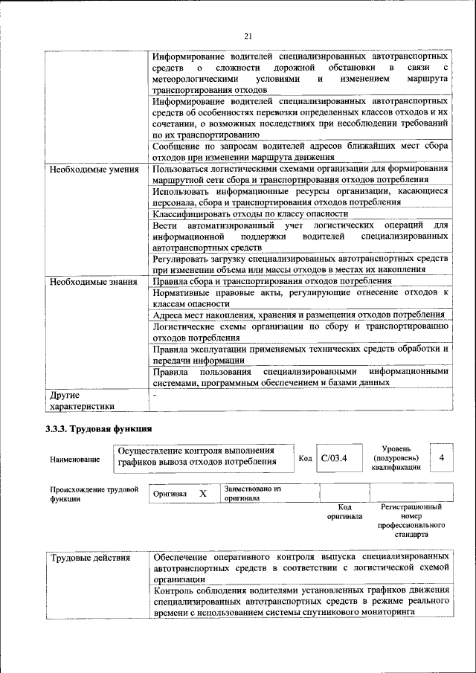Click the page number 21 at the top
[x=248, y=35]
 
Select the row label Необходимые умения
[x=94, y=170]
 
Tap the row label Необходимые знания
[x=93, y=282]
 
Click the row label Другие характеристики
[x=82, y=401]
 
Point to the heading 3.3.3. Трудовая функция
[x=99, y=429]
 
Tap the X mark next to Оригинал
[x=202, y=494]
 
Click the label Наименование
[x=75, y=460]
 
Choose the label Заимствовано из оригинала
[x=252, y=494]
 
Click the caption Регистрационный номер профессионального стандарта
[x=411, y=520]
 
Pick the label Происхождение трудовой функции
[x=94, y=495]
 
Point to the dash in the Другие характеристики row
[x=154, y=396]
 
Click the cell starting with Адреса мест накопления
[x=298, y=315]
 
